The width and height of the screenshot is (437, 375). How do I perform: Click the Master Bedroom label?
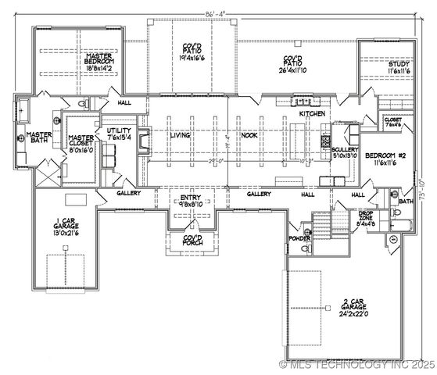(x=100, y=61)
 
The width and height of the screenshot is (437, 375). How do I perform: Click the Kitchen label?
(x=313, y=114)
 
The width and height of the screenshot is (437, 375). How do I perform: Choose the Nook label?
(x=249, y=135)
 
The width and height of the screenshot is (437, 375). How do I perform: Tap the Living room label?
(x=181, y=135)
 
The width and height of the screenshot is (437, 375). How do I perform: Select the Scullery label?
(x=345, y=152)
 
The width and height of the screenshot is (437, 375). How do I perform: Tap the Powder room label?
(x=299, y=237)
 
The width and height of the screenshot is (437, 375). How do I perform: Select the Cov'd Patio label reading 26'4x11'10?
(x=293, y=62)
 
